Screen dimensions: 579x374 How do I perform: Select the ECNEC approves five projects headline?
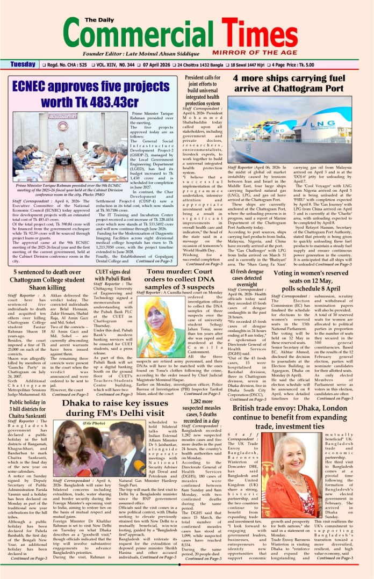tap(90, 93)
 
